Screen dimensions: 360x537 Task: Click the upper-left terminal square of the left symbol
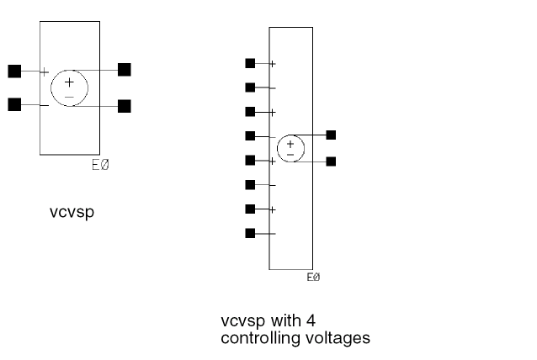tap(14, 71)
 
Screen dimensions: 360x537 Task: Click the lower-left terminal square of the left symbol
tap(14, 105)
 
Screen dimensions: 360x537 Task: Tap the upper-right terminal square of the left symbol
tap(125, 69)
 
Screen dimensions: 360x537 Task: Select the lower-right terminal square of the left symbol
tap(125, 106)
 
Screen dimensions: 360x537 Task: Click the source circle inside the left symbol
tap(69, 88)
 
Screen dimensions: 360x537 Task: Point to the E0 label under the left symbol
tap(99, 165)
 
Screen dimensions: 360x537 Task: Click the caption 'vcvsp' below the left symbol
tap(72, 212)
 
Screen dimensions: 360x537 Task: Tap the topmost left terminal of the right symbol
tap(250, 63)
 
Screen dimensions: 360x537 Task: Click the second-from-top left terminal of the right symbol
tap(250, 87)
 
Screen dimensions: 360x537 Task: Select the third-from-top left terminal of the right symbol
tap(250, 112)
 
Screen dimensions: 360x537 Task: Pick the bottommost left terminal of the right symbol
tap(250, 234)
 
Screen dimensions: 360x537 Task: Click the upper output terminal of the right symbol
tap(331, 135)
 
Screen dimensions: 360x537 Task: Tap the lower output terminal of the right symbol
tap(331, 161)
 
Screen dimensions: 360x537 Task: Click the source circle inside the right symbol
tap(290, 148)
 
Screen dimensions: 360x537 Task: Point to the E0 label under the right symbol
tap(313, 277)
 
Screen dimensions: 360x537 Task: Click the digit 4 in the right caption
tap(311, 320)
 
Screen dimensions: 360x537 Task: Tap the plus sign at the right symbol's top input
tap(272, 64)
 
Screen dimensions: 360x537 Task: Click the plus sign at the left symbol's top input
tap(45, 72)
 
